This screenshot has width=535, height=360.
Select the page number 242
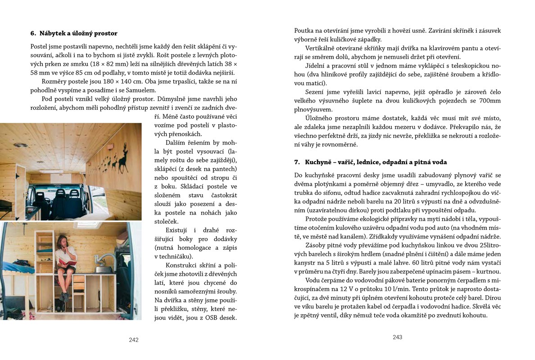tap(134, 340)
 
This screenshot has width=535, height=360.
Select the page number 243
tap(397, 337)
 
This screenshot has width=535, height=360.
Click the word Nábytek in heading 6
tap(55, 33)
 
